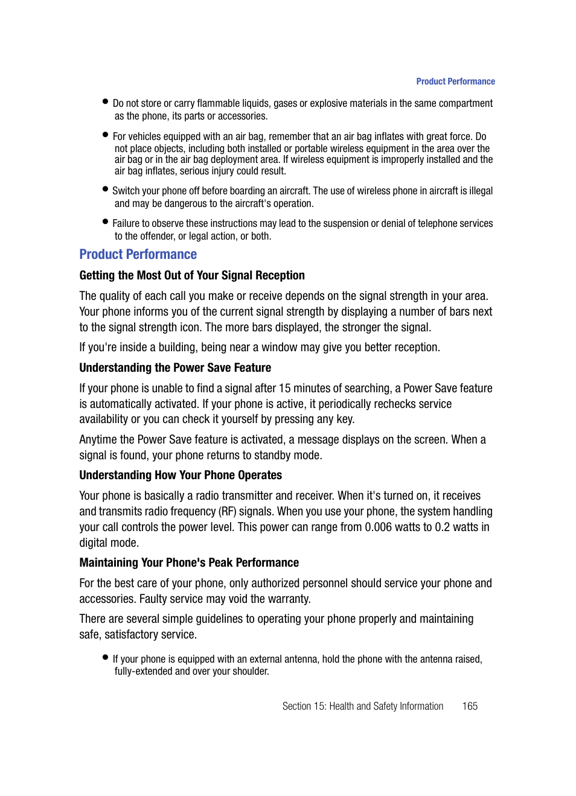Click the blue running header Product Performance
455,81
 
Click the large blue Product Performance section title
138,255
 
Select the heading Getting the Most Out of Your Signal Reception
192,276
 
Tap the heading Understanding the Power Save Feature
175,368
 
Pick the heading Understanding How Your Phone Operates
181,476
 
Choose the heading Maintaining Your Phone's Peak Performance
189,563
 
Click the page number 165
470,707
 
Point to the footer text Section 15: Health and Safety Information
362,707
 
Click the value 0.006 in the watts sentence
378,527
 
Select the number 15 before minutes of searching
284,389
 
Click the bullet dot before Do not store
106,101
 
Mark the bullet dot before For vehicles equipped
106,135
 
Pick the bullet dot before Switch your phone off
106,189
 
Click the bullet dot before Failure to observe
106,221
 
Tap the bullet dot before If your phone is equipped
106,657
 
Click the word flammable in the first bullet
218,104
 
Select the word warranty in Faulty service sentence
288,599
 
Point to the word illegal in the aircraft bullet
481,191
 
